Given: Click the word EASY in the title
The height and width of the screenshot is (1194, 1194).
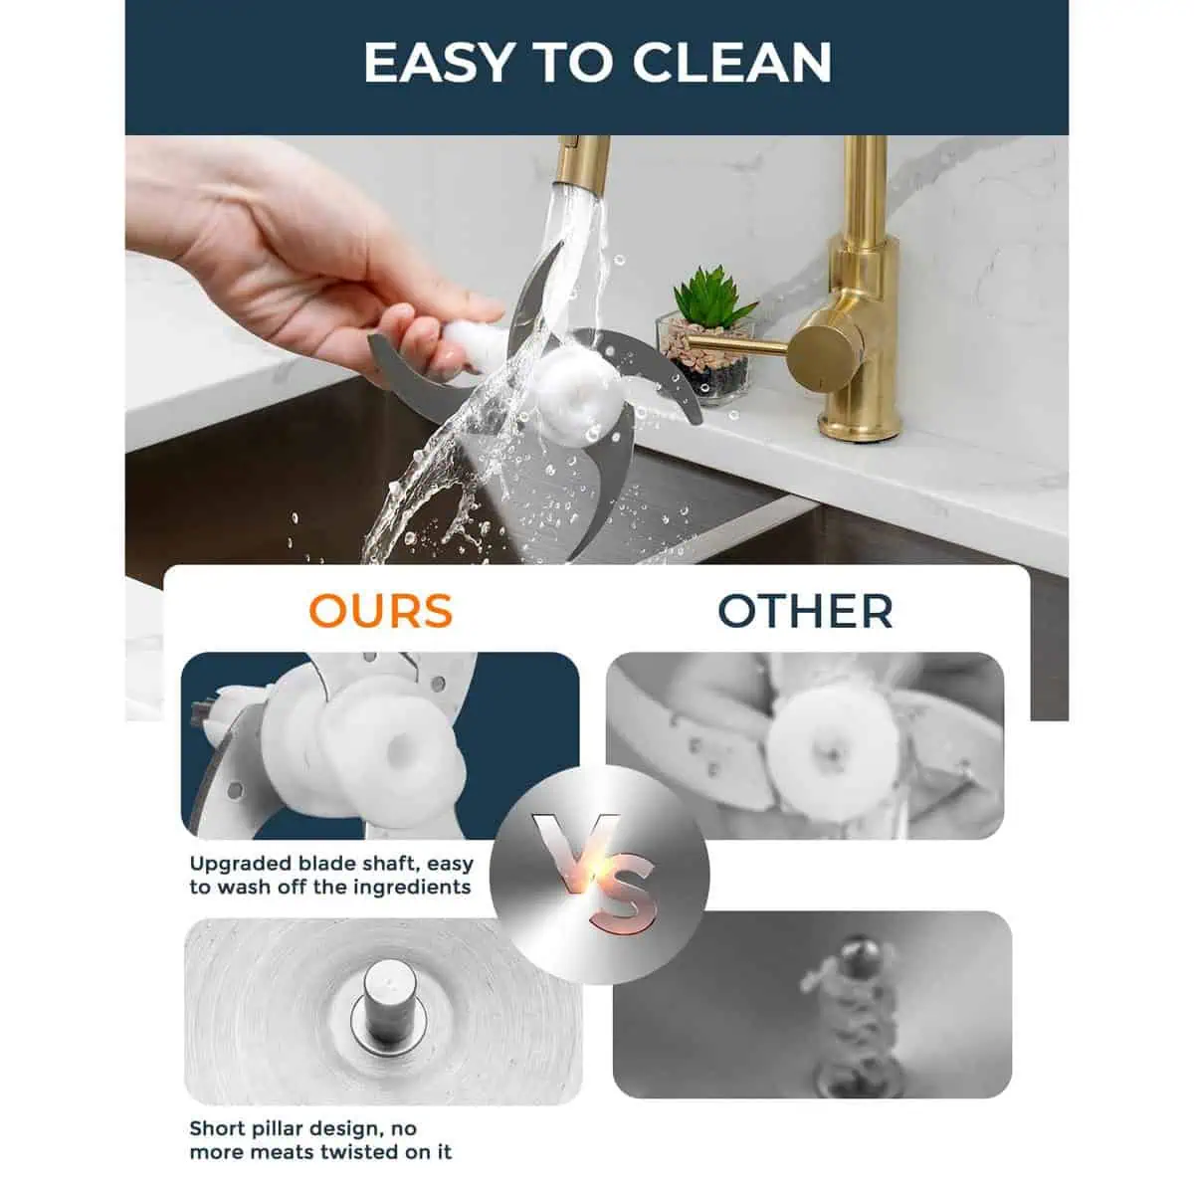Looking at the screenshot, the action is [x=438, y=63].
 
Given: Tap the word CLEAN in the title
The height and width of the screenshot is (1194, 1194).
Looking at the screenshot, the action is [x=731, y=63].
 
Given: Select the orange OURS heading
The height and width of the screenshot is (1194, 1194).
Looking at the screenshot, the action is [x=381, y=611].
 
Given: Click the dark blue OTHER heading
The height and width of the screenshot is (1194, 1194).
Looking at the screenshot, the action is [x=805, y=611].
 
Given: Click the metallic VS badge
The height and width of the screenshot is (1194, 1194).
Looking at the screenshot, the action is [x=599, y=875].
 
